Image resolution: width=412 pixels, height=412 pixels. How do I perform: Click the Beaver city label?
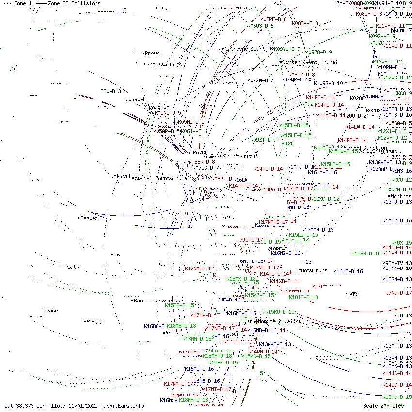tap(89, 218)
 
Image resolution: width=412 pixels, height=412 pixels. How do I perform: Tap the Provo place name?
tap(152, 53)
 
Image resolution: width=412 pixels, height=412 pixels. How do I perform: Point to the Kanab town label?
tap(94, 322)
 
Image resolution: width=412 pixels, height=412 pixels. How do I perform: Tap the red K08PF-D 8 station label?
tap(273, 19)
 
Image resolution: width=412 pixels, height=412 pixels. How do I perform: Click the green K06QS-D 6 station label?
tap(260, 26)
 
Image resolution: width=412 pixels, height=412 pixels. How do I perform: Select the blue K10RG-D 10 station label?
tap(328, 83)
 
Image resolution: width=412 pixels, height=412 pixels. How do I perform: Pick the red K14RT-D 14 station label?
tap(352, 140)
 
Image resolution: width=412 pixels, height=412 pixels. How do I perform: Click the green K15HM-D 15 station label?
tap(366, 254)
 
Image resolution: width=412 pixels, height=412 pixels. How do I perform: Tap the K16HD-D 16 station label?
tap(348, 272)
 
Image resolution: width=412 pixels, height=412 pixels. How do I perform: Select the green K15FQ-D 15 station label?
tap(179, 305)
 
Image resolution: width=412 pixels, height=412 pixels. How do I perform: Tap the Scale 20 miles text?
tap(383, 406)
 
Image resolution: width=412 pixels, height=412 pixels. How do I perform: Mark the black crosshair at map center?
tap(206, 206)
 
